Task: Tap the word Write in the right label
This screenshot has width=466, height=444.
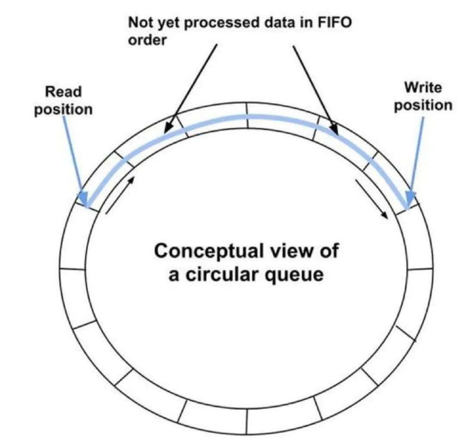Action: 423,88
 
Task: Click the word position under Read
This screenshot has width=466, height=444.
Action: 63,109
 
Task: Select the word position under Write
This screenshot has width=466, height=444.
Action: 423,105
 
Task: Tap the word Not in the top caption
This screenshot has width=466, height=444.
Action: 139,23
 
